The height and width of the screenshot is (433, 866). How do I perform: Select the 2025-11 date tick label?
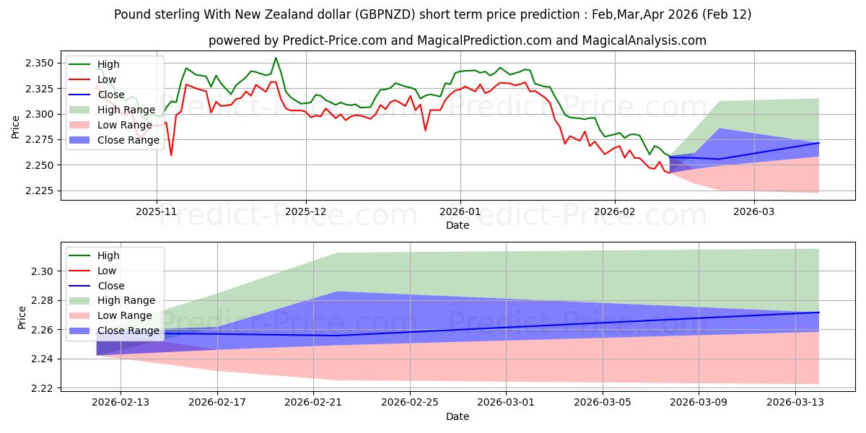(x=157, y=212)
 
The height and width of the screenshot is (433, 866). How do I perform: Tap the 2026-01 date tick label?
(x=460, y=212)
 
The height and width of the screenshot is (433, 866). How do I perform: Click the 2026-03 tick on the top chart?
(x=754, y=212)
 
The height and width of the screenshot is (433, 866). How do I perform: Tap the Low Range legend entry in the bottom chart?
(x=124, y=315)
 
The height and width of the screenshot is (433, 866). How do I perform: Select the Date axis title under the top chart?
(x=458, y=225)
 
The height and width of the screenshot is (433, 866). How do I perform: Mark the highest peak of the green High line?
(x=276, y=58)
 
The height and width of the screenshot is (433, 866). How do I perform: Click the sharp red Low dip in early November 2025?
(x=171, y=155)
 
